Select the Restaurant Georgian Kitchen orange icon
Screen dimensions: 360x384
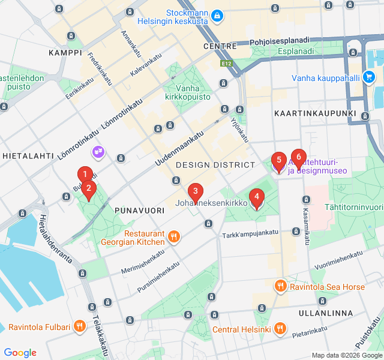coord(173,236)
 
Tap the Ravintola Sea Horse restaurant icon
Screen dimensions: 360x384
coord(280,286)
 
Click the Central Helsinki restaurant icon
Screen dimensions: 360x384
coord(280,329)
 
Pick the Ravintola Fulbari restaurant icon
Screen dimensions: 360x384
coord(79,327)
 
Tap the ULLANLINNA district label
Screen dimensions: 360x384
coord(326,313)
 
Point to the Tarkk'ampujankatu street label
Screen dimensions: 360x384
coord(250,233)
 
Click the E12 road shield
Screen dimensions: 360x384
coord(226,62)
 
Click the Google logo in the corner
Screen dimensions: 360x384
coord(20,353)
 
